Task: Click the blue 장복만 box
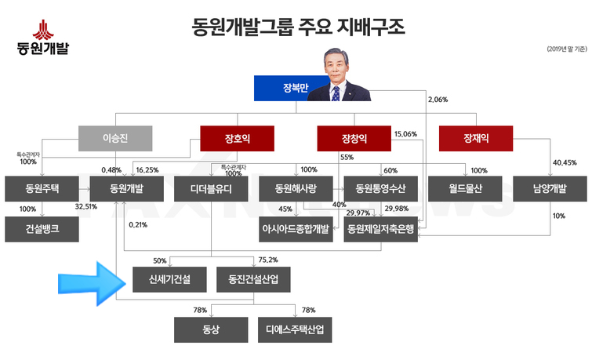pos(280,89)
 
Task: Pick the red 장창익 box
pos(354,140)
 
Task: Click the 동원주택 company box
pos(42,189)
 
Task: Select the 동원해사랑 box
pos(296,189)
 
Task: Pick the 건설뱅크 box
pos(42,229)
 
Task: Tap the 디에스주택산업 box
pos(295,329)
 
